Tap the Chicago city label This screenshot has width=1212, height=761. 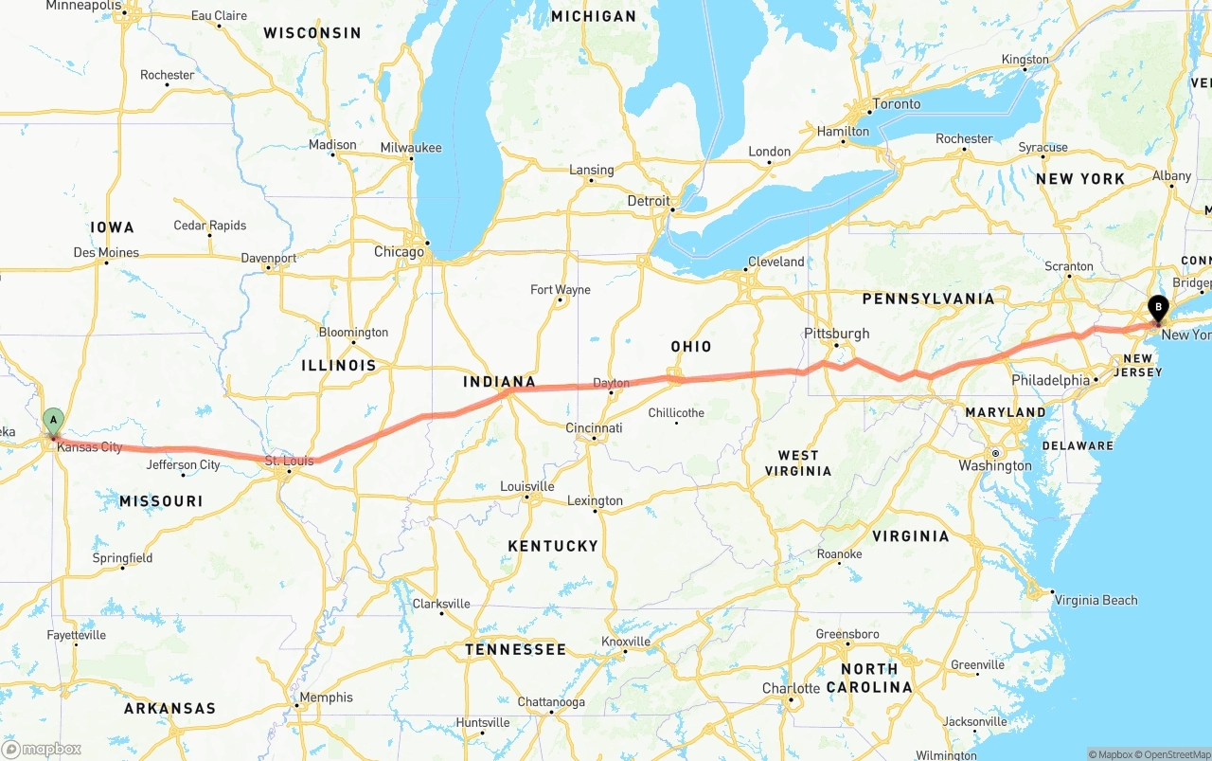point(399,252)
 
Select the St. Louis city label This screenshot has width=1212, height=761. point(289,462)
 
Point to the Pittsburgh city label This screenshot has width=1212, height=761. point(836,334)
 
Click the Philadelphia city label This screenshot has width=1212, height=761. point(1050,380)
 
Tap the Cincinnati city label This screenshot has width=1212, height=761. point(594,428)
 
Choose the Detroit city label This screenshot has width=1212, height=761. point(648,202)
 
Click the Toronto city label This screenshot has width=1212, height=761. point(896,104)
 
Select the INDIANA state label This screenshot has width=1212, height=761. point(499,383)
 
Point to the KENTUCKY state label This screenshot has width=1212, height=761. point(553,546)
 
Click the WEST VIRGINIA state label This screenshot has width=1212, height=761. point(798,463)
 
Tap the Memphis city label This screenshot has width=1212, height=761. point(326,698)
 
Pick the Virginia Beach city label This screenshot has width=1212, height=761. point(1096,600)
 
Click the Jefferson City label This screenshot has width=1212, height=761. point(184,465)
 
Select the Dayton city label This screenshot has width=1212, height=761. point(611,384)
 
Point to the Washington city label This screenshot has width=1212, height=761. point(995,465)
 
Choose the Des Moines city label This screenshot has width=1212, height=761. point(106,253)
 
